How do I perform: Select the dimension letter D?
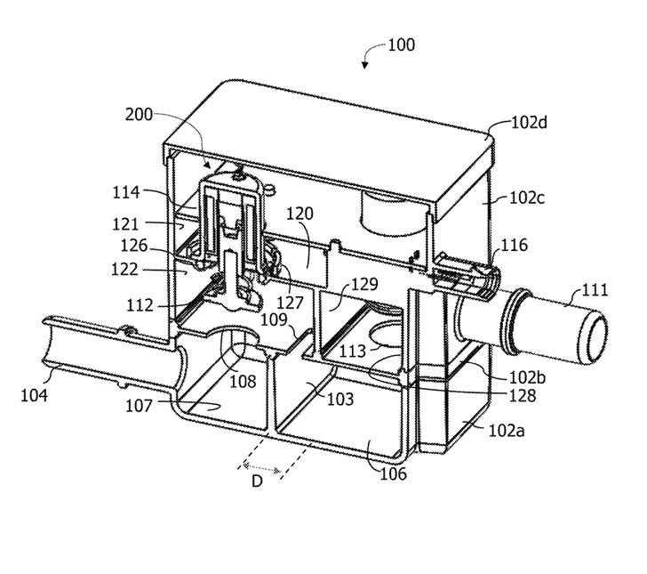click(x=257, y=481)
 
